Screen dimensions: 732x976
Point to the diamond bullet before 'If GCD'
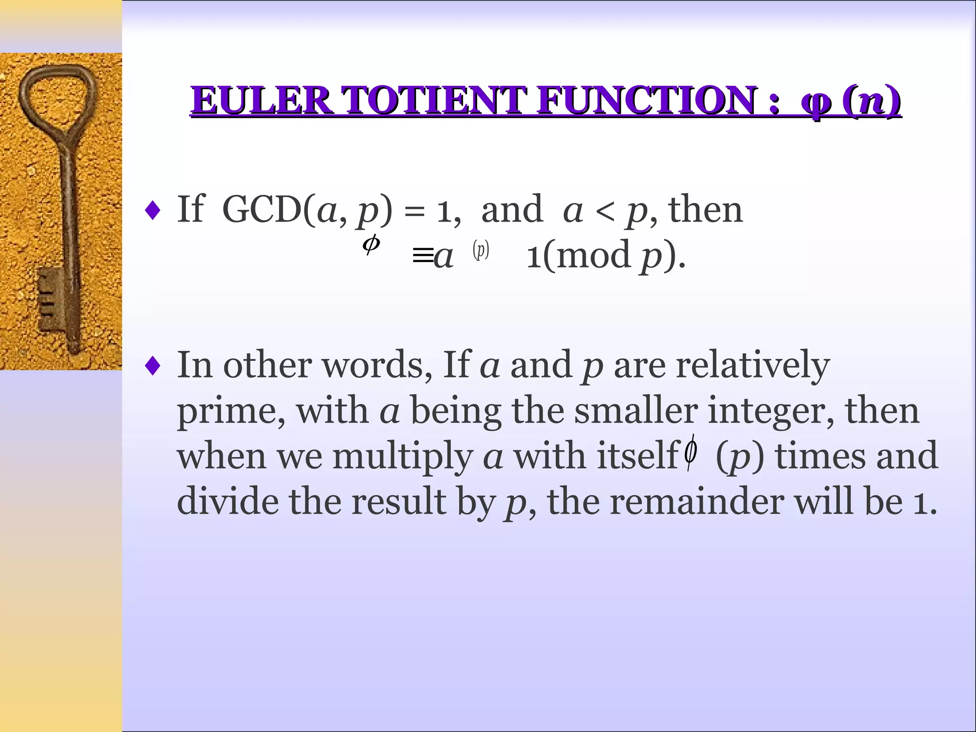tap(152, 210)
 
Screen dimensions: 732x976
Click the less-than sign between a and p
tap(605, 211)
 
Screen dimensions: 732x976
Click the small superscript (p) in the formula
tap(481, 250)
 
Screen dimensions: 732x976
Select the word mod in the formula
tap(593, 255)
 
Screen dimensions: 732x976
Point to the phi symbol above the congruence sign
tap(371, 244)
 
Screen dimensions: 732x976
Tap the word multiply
tap(402, 457)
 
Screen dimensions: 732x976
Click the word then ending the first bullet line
tap(705, 210)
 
